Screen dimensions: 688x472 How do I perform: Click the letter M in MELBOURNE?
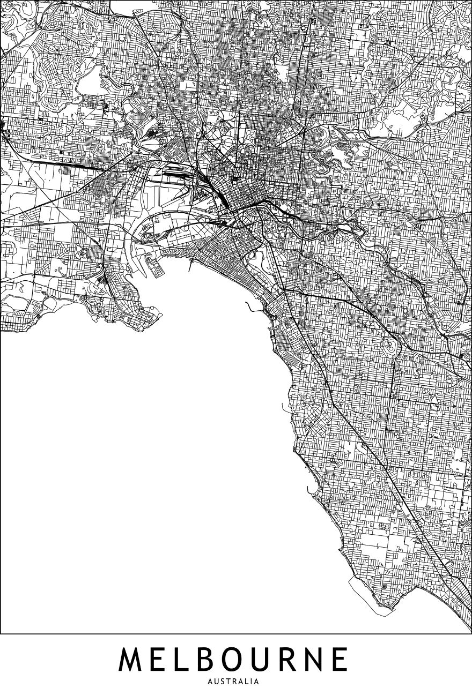point(132,660)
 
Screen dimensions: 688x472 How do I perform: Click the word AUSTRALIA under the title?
point(236,682)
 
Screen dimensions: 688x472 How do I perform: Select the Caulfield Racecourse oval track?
point(390,347)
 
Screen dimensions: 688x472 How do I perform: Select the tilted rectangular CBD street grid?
point(244,196)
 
